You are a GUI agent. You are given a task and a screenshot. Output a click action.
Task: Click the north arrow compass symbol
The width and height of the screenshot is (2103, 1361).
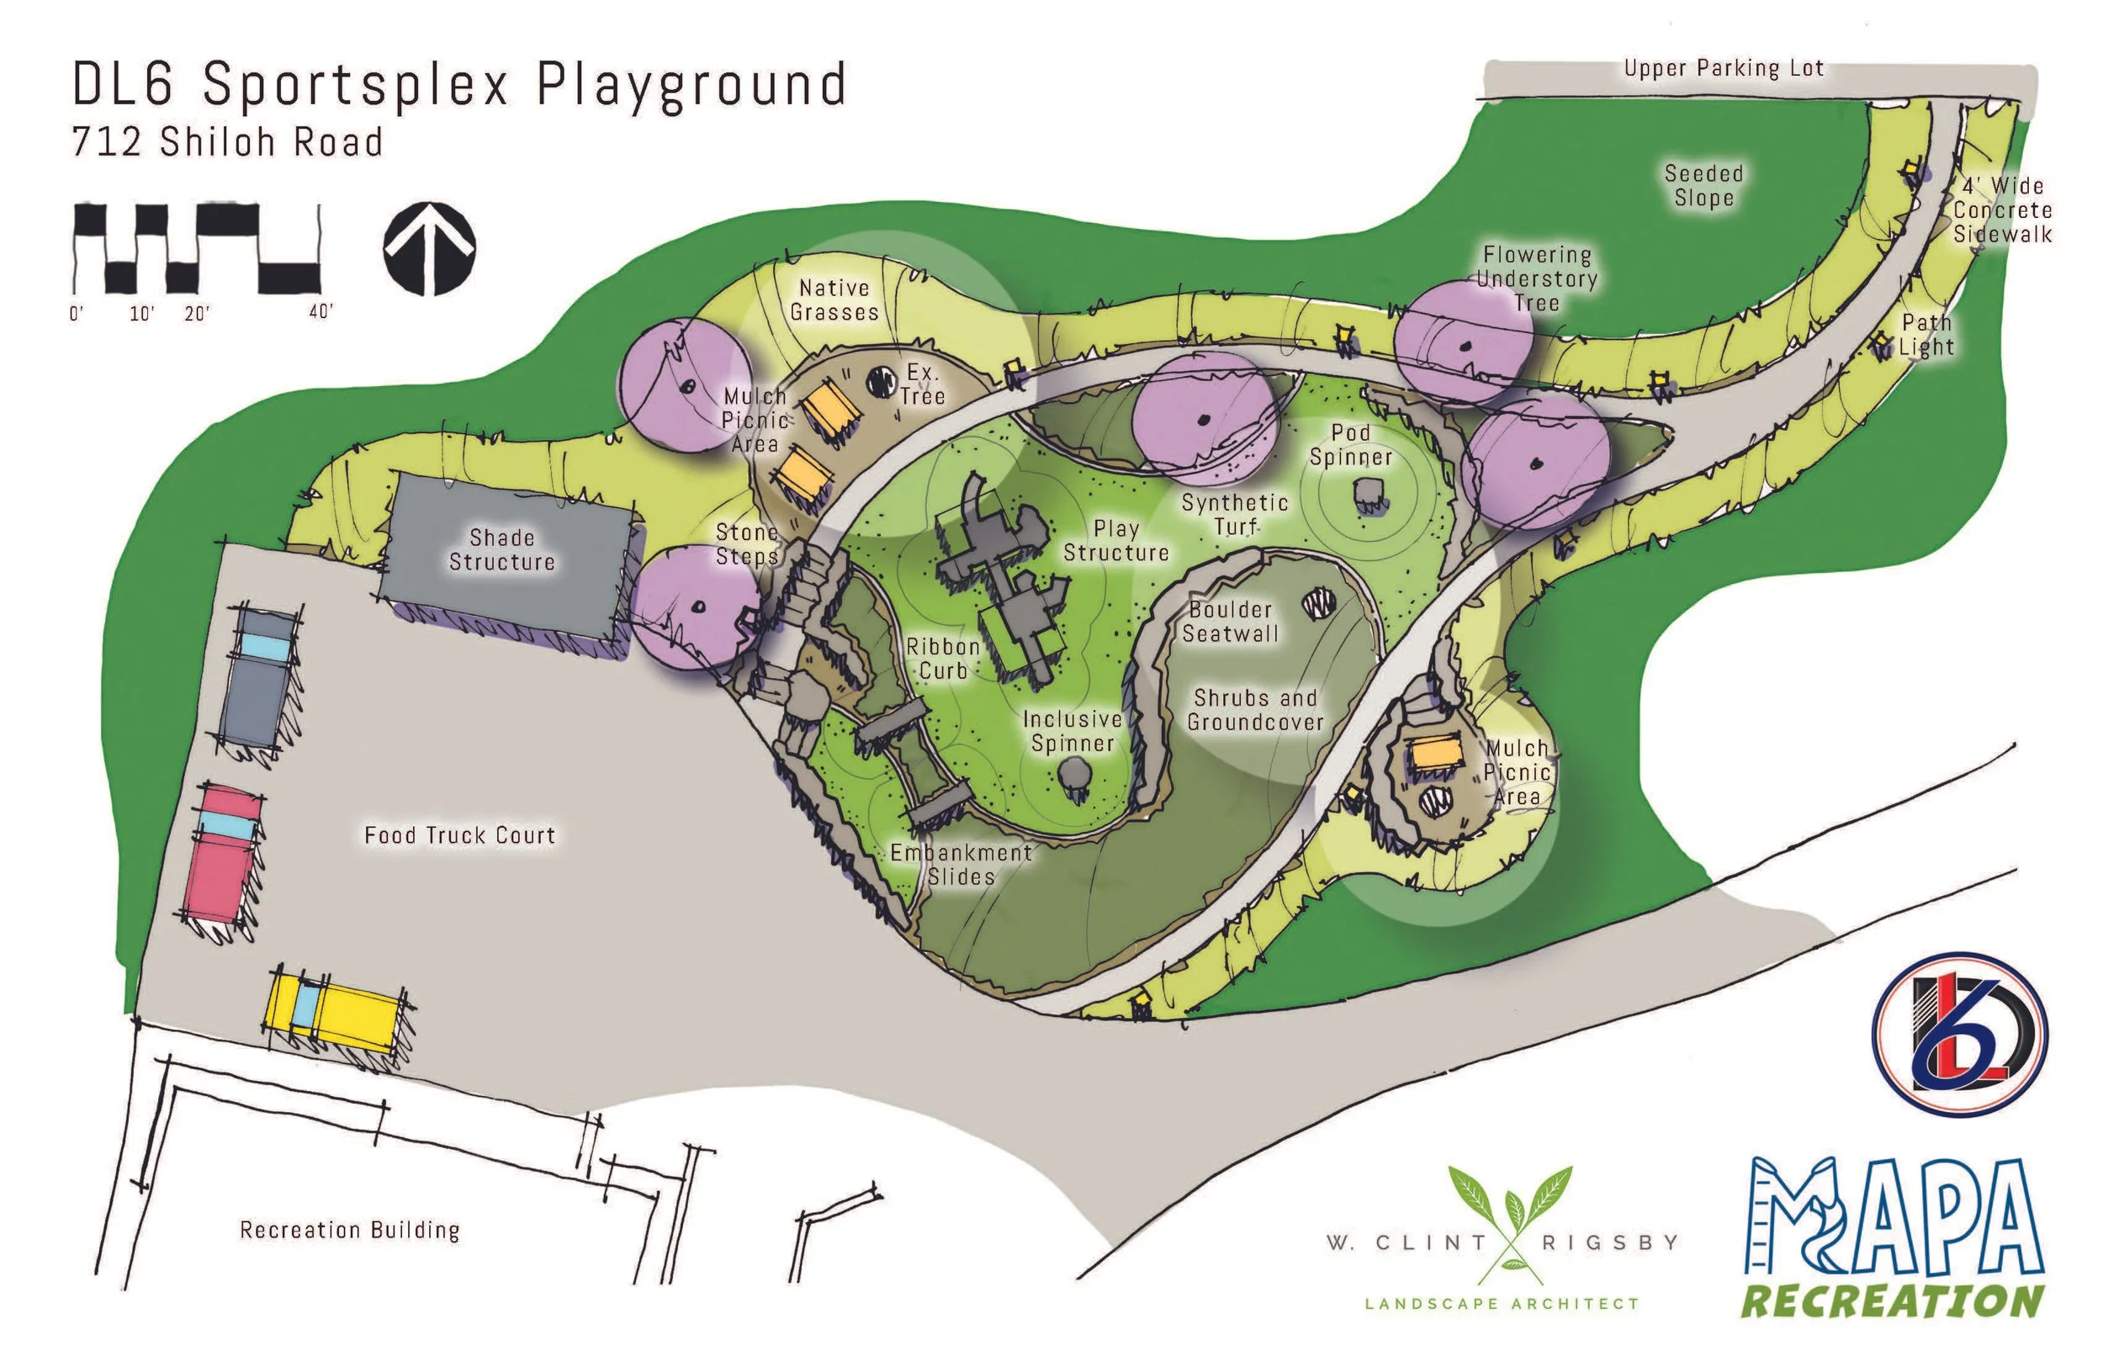click(430, 249)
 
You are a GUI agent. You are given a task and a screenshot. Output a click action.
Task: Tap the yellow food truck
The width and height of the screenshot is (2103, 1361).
click(338, 1010)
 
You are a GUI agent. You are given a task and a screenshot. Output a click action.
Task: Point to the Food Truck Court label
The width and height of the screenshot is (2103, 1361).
click(459, 835)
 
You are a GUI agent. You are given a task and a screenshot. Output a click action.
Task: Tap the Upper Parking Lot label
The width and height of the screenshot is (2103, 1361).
click(1723, 68)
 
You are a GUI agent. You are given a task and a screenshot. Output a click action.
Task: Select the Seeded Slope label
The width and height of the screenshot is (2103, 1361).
click(1703, 186)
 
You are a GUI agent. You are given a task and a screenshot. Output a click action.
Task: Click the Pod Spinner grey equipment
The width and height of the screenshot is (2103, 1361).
click(1369, 495)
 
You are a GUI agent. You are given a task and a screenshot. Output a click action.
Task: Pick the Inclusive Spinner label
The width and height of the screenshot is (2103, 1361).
click(1073, 731)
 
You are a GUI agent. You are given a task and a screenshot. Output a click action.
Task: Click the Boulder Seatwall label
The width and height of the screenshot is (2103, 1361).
click(1230, 622)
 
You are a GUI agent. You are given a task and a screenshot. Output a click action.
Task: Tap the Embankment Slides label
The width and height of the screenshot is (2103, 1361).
click(961, 865)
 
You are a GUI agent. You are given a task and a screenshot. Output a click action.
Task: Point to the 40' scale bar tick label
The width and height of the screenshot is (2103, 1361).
click(320, 311)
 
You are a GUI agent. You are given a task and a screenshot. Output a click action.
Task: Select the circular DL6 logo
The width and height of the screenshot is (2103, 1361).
click(1959, 1033)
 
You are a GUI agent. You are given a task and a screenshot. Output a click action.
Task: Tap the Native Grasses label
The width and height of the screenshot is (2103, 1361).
click(834, 299)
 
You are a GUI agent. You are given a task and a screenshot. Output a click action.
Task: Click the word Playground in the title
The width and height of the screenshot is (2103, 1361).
click(691, 87)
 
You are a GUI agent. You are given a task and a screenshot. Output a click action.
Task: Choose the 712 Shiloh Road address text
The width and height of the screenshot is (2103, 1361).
click(228, 142)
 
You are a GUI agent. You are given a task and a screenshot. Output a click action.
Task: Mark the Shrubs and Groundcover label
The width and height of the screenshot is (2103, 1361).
click(1255, 710)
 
